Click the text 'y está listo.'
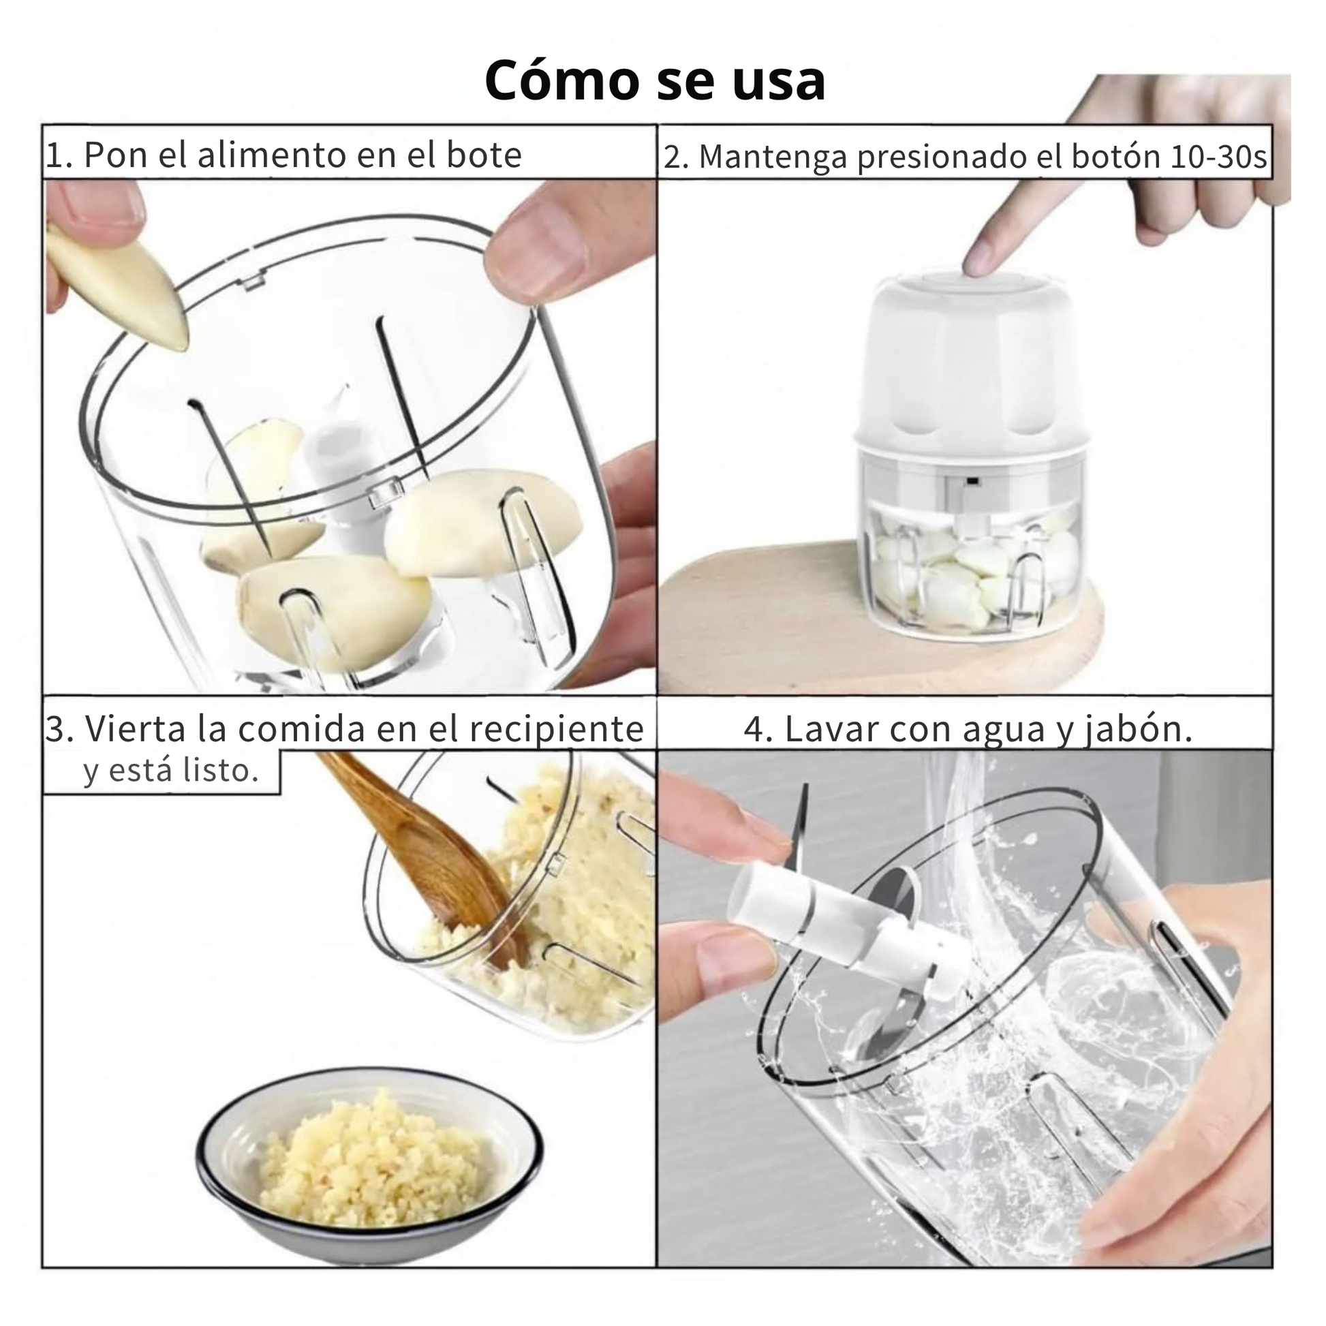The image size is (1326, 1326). coord(171,770)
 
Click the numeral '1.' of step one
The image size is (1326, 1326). coord(59,156)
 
